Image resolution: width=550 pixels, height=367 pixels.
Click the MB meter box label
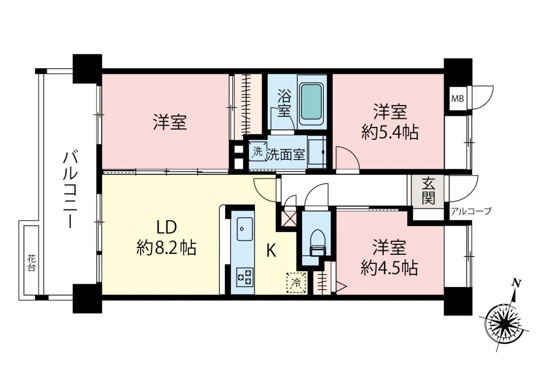point(458,99)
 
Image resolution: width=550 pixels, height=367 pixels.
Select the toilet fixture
point(318,243)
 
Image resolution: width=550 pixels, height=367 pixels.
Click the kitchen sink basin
point(244,229)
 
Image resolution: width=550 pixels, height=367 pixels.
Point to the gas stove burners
point(244,277)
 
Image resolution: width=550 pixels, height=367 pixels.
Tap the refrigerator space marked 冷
point(296,283)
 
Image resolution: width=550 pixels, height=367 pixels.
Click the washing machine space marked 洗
point(257,151)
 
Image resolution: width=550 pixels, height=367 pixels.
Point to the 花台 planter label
point(31,263)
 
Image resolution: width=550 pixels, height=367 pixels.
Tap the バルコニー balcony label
point(70,190)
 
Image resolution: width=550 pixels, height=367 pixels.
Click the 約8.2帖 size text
point(166,248)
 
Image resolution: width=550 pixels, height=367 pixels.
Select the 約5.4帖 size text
point(390,133)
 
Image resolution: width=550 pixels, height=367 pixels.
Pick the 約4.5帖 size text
point(389,268)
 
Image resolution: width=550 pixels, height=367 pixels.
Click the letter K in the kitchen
point(271,251)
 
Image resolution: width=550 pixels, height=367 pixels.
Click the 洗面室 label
point(286,154)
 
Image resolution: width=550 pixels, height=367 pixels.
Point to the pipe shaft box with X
point(289,219)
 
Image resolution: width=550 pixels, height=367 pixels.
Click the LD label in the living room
point(167,227)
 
